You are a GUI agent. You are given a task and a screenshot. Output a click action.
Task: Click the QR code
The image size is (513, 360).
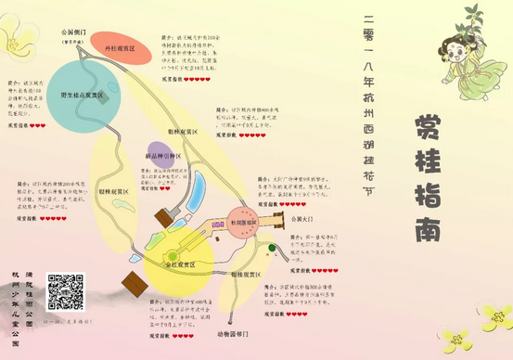click(x=66, y=290)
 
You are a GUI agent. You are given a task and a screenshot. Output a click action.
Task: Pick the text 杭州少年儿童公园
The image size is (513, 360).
click(x=17, y=303)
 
